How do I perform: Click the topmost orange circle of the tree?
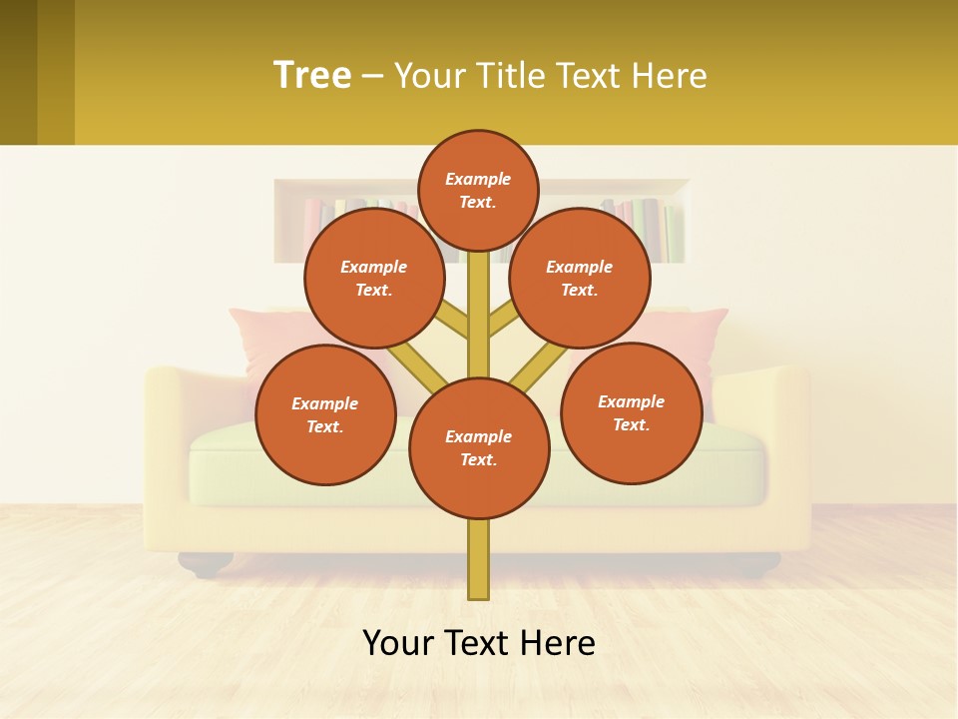point(478,190)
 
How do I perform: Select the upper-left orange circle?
point(374,278)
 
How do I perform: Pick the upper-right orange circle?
point(580,278)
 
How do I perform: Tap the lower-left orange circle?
point(325,414)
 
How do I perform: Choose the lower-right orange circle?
point(632,412)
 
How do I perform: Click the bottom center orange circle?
point(479,448)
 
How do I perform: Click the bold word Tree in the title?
point(312,75)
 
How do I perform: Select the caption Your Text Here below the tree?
point(479,642)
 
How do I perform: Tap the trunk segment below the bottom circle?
point(479,559)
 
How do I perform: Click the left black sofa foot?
point(206,566)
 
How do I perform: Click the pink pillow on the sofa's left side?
point(261,335)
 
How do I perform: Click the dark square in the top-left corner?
point(37,72)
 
